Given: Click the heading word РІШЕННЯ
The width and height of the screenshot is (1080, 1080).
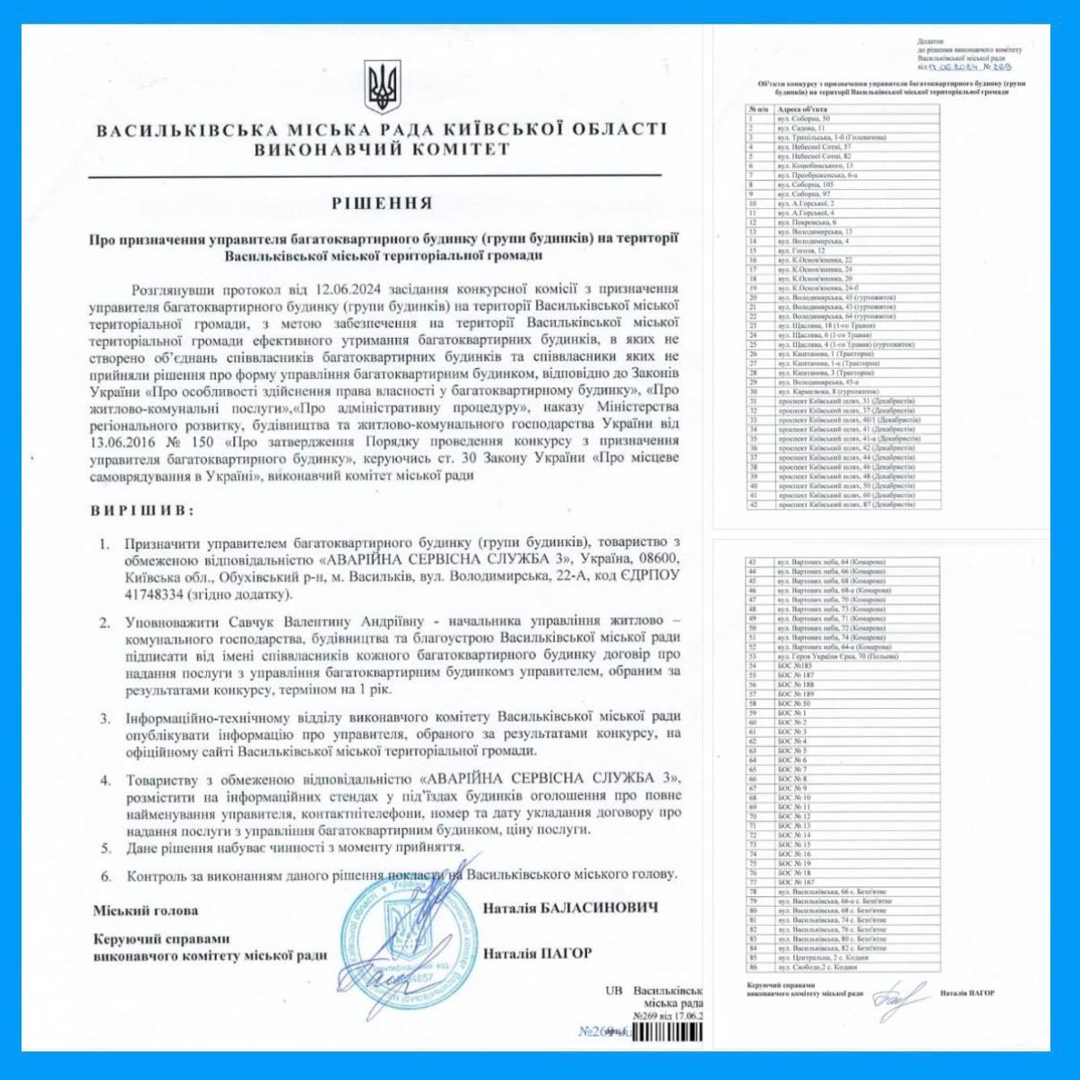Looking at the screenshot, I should coord(382,203).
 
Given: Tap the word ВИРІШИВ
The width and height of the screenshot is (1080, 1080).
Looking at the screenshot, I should coord(142,511).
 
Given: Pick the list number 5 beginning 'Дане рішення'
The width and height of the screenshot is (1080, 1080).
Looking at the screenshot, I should coord(107,847).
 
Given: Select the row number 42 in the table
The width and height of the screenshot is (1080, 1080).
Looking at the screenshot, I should coord(754,505).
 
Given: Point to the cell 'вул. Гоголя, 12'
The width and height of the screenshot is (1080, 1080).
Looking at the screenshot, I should coord(802,251).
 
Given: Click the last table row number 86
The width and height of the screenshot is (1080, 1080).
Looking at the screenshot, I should coord(754,967).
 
